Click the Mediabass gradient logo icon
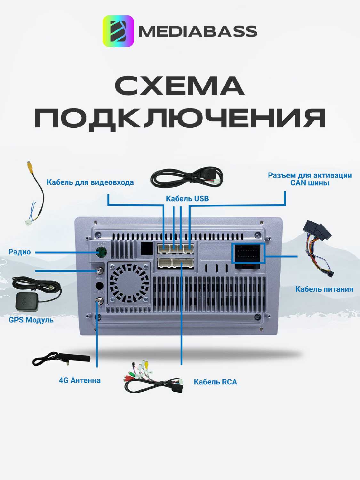[118, 31]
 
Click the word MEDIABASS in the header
[198, 31]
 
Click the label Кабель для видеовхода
[90, 182]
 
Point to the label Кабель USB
[187, 199]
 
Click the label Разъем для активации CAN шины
[310, 179]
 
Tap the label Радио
[20, 252]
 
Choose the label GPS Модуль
[31, 320]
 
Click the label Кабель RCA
[215, 382]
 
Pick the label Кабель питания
[324, 289]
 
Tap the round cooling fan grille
[129, 284]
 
